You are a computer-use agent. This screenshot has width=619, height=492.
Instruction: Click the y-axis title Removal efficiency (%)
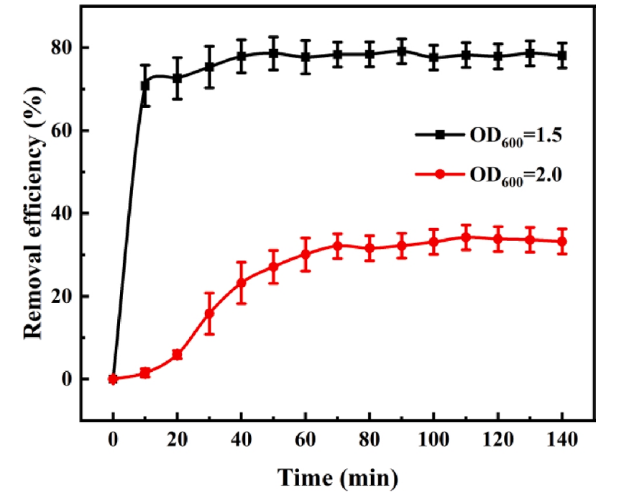pos(32,213)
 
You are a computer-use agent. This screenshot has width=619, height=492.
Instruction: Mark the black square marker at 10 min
pos(145,86)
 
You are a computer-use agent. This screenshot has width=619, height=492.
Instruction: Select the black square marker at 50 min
pos(273,53)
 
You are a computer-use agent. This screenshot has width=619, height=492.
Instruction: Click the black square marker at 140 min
pos(561,55)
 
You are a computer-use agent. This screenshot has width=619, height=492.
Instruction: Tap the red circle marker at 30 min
pos(209,314)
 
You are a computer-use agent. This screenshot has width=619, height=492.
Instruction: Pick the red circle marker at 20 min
pos(177,355)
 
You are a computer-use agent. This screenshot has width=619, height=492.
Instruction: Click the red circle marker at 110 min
pos(465,237)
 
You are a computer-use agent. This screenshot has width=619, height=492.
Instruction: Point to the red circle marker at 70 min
pos(337,246)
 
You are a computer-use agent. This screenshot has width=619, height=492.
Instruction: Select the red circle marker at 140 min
pos(561,242)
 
